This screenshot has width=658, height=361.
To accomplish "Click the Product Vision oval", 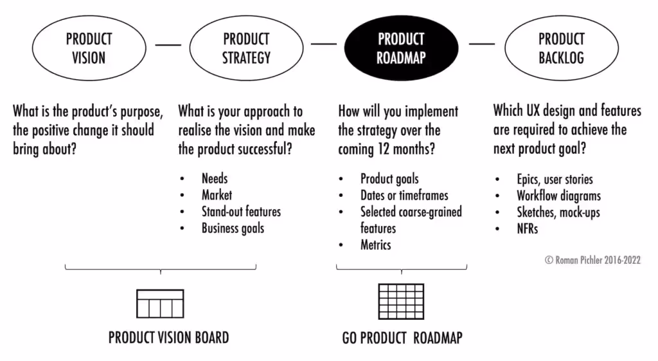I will pyautogui.click(x=89, y=48).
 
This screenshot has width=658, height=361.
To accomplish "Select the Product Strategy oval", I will pyautogui.click(x=246, y=48).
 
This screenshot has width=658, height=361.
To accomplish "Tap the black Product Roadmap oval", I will pyautogui.click(x=401, y=48).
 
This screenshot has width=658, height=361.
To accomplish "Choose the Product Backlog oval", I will pyautogui.click(x=561, y=48).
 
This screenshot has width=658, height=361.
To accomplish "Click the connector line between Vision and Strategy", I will pyautogui.click(x=168, y=45).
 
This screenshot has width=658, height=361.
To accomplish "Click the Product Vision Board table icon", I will pyautogui.click(x=160, y=304).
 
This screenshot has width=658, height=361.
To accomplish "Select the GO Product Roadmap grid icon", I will pyautogui.click(x=401, y=302).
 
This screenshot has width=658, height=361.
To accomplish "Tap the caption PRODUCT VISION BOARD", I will pyautogui.click(x=168, y=337).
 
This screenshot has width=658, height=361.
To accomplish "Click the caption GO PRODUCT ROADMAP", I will pyautogui.click(x=402, y=338).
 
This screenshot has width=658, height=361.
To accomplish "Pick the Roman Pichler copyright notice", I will pyautogui.click(x=592, y=261).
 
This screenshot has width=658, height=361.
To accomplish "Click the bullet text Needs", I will pyautogui.click(x=215, y=179).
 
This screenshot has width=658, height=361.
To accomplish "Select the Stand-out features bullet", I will pyautogui.click(x=241, y=212).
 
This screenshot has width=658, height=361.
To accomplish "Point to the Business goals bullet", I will pyautogui.click(x=233, y=228).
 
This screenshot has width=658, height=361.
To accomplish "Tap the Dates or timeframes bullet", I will pyautogui.click(x=404, y=195).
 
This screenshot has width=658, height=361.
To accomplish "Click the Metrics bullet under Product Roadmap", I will pyautogui.click(x=375, y=245).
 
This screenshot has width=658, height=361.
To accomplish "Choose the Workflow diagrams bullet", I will pyautogui.click(x=558, y=196).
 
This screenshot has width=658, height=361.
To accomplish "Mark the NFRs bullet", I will pyautogui.click(x=527, y=228).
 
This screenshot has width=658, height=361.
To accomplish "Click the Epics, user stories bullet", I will pyautogui.click(x=555, y=180).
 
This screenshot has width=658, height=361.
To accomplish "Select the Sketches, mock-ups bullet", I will pyautogui.click(x=558, y=212).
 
